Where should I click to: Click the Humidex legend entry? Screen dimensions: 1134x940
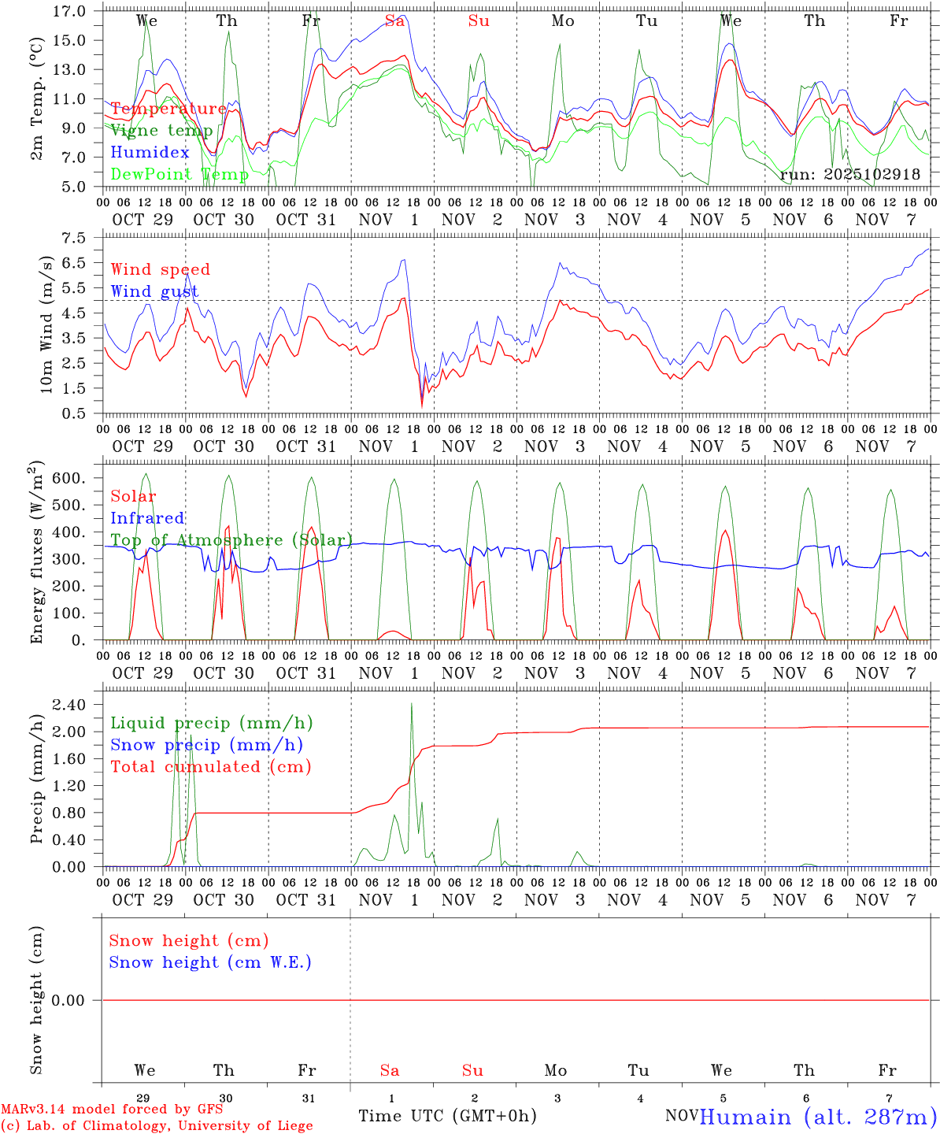click(150, 153)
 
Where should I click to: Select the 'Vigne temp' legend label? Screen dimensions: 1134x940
click(161, 131)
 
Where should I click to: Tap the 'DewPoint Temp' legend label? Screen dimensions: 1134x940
click(179, 174)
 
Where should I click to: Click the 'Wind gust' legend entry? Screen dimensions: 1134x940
click(154, 291)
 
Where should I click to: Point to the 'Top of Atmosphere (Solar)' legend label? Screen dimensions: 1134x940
click(231, 540)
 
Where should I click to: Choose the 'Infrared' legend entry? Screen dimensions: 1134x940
click(147, 518)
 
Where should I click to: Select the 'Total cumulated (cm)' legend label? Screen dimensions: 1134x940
click(210, 767)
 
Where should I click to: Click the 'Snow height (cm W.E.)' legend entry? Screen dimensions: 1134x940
click(209, 962)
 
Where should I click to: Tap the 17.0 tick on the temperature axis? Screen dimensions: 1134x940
click(70, 11)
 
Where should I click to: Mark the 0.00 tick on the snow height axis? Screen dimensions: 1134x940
click(68, 1000)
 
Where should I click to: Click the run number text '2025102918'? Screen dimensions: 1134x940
click(872, 174)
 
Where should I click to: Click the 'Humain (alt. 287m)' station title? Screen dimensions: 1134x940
click(817, 1117)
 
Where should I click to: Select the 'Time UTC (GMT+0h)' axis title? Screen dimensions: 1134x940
click(447, 1116)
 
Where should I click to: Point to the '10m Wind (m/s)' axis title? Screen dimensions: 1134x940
click(46, 324)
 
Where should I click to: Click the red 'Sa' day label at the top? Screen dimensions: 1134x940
click(394, 21)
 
